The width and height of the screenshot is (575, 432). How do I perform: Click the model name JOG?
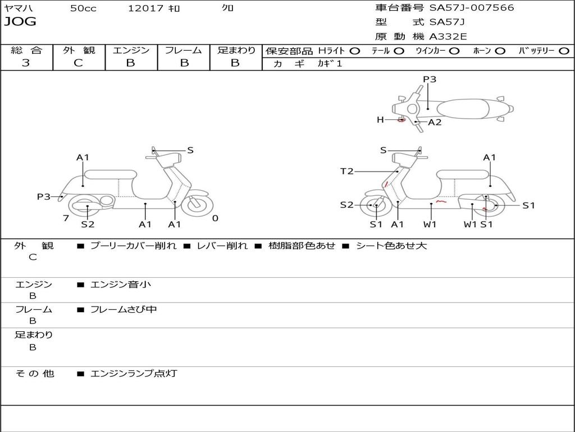tap(20, 22)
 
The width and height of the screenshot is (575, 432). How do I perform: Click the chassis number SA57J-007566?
tap(472, 8)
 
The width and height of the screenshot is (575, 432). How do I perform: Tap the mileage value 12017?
tap(145, 8)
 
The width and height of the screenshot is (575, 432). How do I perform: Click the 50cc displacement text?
tap(83, 8)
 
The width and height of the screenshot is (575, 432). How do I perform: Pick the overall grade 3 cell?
tap(26, 63)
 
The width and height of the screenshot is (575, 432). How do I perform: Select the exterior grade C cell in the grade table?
tap(78, 63)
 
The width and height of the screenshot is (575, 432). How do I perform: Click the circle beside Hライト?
tap(355, 51)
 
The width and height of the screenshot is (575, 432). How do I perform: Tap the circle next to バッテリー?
tap(564, 51)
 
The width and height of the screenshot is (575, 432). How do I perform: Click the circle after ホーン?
tap(500, 51)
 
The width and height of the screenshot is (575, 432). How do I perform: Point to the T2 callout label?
tap(347, 172)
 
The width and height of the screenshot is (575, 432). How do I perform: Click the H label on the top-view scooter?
tap(380, 120)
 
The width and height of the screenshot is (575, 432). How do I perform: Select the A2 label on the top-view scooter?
tap(435, 122)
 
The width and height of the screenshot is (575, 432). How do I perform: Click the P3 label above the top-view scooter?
tap(430, 79)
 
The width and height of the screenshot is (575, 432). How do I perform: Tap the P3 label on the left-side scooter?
tap(44, 197)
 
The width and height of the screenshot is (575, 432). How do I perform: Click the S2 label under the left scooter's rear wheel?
tap(88, 224)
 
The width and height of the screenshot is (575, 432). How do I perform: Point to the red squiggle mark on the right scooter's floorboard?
tap(441, 200)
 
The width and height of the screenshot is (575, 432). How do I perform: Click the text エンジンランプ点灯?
tap(134, 373)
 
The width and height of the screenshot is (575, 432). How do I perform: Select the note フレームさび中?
tap(124, 309)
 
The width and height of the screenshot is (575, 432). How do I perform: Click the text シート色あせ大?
tap(391, 246)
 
